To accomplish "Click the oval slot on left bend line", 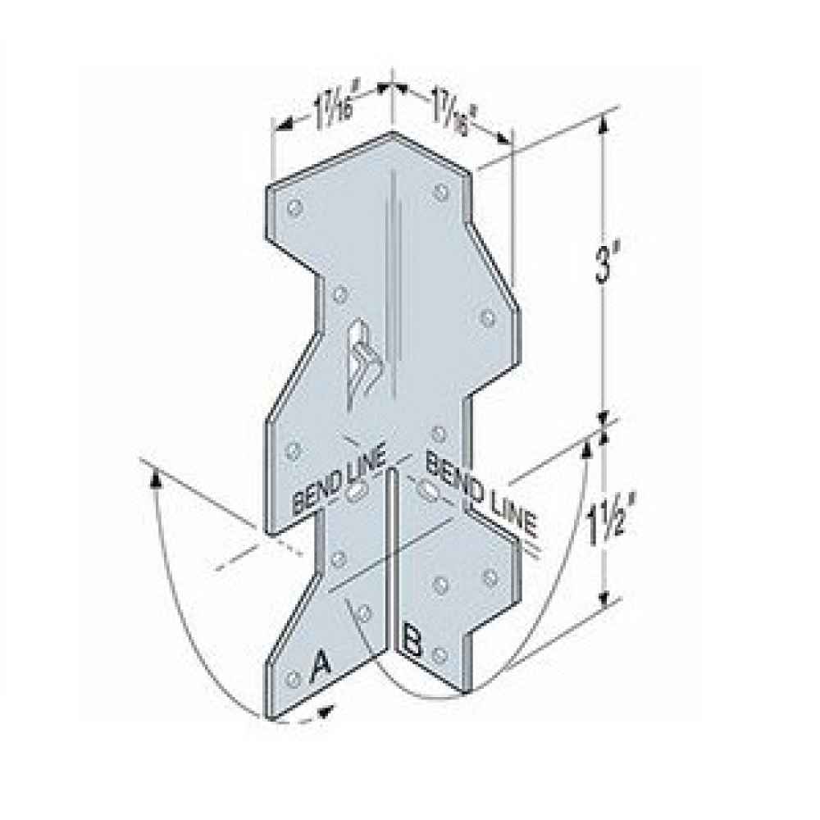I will pyautogui.click(x=357, y=493).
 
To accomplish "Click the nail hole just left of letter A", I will pyautogui.click(x=292, y=678).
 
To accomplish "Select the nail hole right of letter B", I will pyautogui.click(x=443, y=653).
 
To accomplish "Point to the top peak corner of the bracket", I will pyautogui.click(x=393, y=129).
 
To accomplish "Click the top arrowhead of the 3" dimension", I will pyautogui.click(x=604, y=123).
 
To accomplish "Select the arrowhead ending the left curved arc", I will pyautogui.click(x=154, y=476).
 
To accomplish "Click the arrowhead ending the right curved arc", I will pyautogui.click(x=588, y=447).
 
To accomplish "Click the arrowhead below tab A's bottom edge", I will pyautogui.click(x=329, y=711).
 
